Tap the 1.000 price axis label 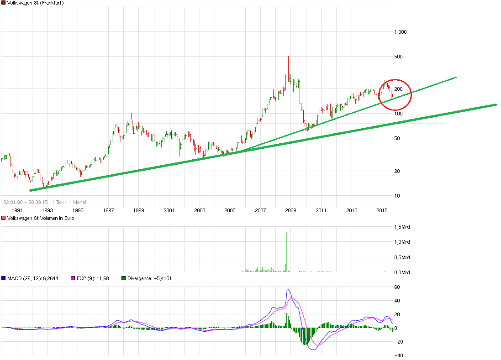coord(401,32)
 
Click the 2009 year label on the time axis coord(291,210)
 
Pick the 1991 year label coord(17,210)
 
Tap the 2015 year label coord(382,210)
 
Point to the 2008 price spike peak coord(287,33)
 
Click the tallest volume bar coord(287,251)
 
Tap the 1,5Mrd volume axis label coord(402,227)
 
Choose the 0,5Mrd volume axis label coord(402,257)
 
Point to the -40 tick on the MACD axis coord(398,355)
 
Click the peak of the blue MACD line coord(288,289)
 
